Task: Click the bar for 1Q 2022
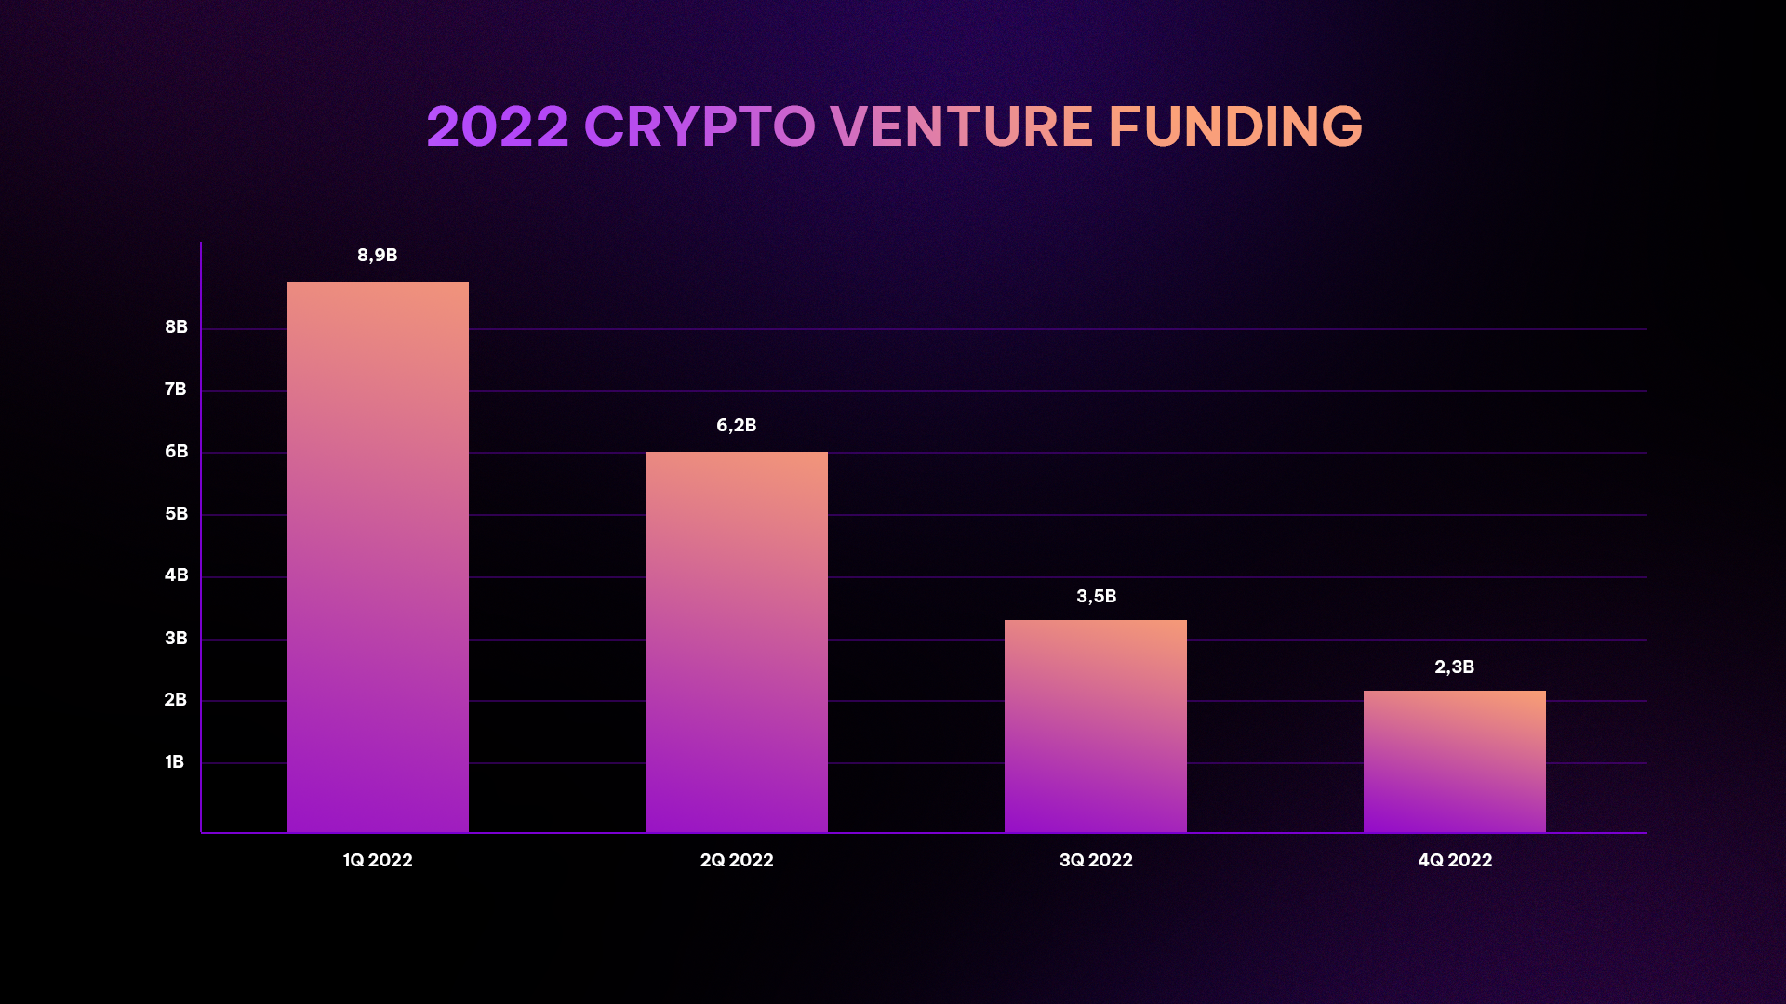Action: (378, 557)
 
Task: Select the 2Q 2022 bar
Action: (737, 642)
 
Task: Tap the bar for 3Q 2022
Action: (1096, 726)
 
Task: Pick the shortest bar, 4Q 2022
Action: (1455, 761)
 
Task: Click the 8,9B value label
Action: (378, 256)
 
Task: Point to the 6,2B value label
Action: (737, 426)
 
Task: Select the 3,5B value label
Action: (1097, 597)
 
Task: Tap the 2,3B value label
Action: (1455, 667)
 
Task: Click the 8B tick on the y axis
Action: (177, 327)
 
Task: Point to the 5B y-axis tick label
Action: (177, 514)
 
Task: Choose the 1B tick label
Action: (175, 762)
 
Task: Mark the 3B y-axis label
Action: (177, 639)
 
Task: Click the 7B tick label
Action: (176, 390)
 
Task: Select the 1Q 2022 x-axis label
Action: (378, 861)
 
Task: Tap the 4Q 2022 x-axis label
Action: (1455, 861)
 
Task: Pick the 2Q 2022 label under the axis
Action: (737, 861)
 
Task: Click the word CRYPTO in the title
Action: (700, 126)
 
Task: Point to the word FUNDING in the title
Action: (1235, 126)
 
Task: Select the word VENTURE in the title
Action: (962, 126)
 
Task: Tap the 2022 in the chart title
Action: (498, 126)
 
